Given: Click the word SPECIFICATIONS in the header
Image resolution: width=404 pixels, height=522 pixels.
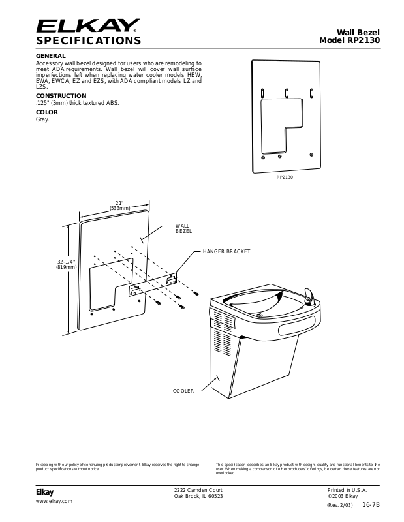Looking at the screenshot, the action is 88,41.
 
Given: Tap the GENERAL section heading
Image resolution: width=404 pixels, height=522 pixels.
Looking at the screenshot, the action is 50,56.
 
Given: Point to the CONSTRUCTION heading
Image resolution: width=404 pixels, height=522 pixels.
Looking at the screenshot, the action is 61,95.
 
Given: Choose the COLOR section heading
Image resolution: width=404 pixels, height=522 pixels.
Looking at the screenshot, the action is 46,112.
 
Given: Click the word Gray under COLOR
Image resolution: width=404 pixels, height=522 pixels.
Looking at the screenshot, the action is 42,119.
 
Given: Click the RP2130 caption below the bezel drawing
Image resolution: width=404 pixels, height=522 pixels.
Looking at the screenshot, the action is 285,177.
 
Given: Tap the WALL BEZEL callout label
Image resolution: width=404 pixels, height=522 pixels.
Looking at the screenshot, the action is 183,228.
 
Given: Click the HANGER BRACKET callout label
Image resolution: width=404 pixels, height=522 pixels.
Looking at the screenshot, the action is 226,251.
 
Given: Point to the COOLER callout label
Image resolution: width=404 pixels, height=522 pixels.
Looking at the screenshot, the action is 183,390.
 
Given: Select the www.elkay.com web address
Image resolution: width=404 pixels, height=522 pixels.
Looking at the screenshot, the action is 54,501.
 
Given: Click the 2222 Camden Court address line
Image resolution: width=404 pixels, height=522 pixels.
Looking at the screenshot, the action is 198,489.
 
